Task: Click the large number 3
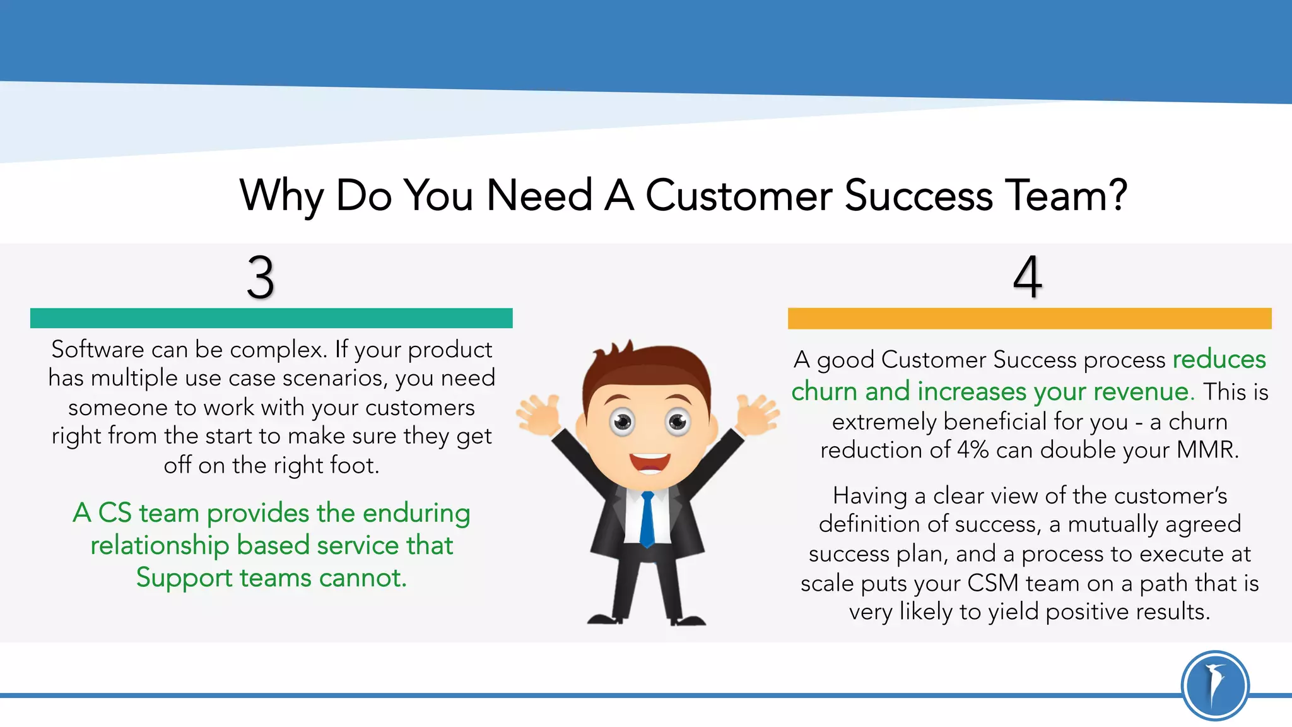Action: coord(261,278)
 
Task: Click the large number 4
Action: coord(1027,277)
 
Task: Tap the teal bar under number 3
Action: coord(271,318)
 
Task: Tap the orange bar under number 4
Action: coord(1029,318)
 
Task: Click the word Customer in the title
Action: coord(738,196)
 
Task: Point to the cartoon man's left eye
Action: coord(622,421)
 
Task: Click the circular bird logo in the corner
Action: coord(1214,685)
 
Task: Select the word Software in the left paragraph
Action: coord(98,349)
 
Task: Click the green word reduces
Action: coord(1219,359)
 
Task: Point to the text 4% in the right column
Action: coord(972,450)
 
